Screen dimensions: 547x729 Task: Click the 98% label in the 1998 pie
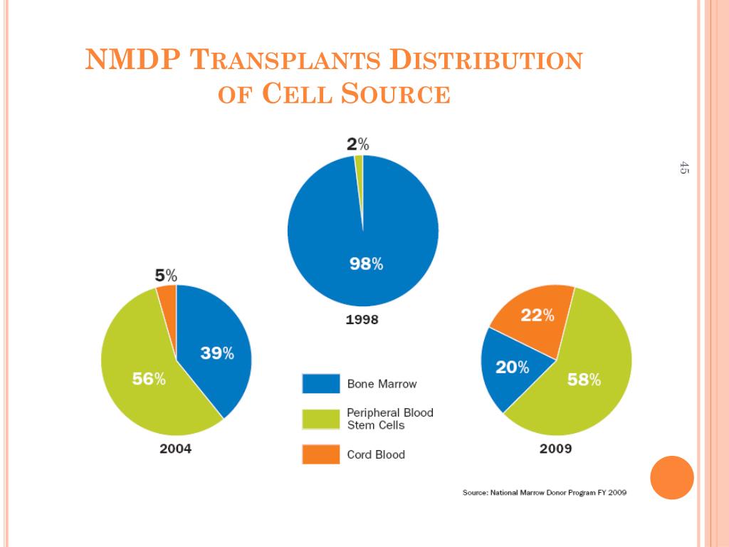pyautogui.click(x=366, y=264)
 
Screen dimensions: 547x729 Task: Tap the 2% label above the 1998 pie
pyautogui.click(x=357, y=145)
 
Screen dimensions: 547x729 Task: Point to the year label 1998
pyautogui.click(x=362, y=320)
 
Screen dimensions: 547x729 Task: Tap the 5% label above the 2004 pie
pyautogui.click(x=166, y=275)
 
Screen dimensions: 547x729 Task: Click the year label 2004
pyautogui.click(x=175, y=449)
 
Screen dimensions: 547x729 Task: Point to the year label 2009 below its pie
pyautogui.click(x=555, y=449)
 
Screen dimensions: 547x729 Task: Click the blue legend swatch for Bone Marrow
pyautogui.click(x=320, y=383)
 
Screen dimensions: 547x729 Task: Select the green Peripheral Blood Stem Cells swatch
pyautogui.click(x=320, y=419)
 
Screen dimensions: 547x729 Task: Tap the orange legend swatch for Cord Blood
pyautogui.click(x=320, y=454)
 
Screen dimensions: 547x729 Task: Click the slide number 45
pyautogui.click(x=684, y=168)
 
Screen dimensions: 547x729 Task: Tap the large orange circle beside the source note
pyautogui.click(x=672, y=477)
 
